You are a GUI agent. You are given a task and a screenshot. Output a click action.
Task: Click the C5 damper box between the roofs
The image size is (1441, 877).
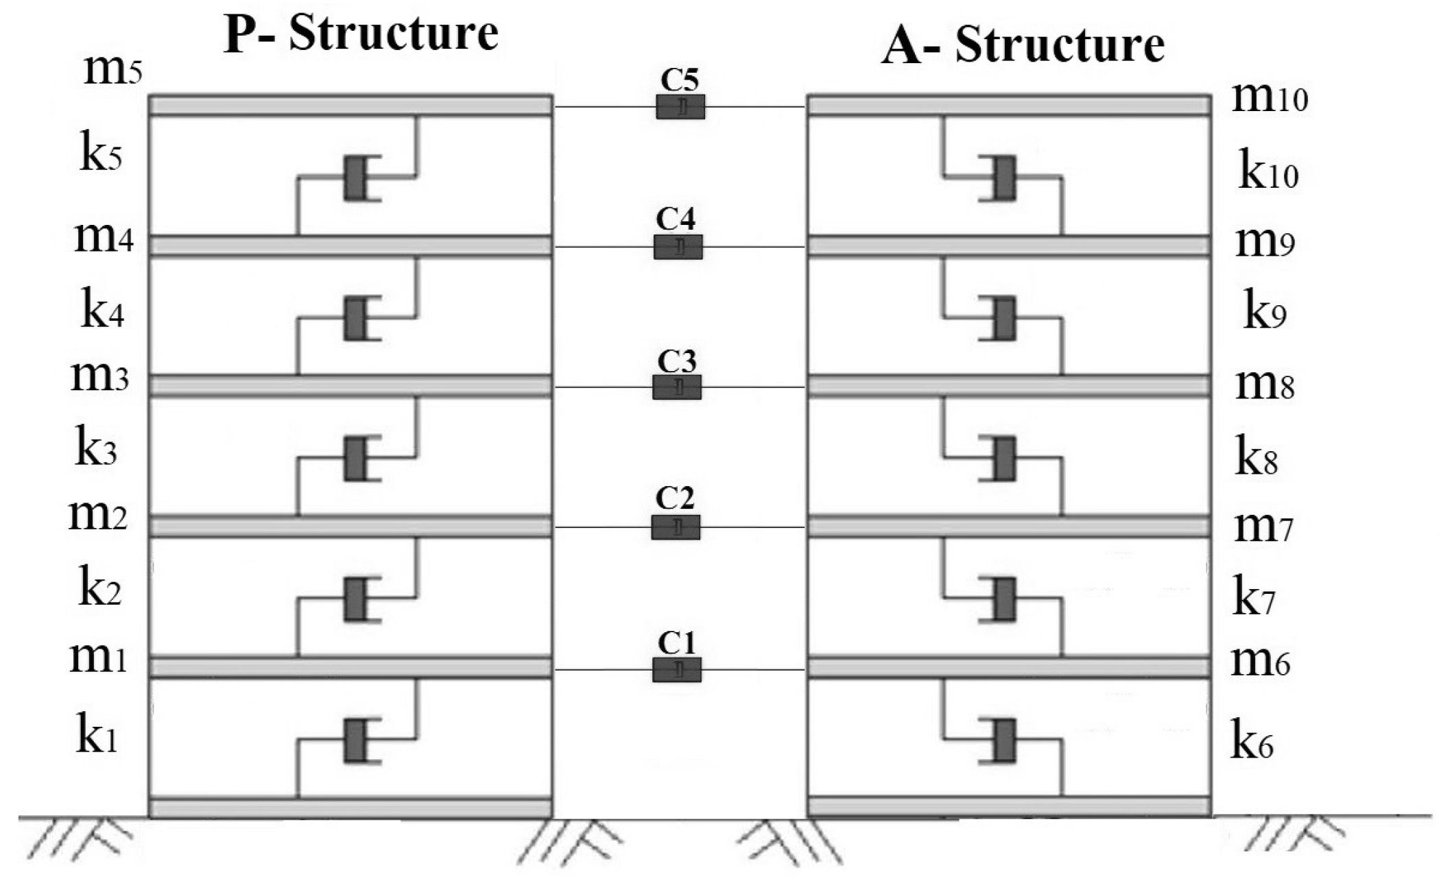[x=680, y=107]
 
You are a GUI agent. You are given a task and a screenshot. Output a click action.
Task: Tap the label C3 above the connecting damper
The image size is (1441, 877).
[x=676, y=361]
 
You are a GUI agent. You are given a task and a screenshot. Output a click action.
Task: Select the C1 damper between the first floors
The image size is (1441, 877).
[x=676, y=670]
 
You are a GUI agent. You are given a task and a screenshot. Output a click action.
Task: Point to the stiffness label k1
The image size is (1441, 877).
[x=97, y=736]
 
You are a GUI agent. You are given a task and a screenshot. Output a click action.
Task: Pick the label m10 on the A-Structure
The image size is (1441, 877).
[x=1270, y=98]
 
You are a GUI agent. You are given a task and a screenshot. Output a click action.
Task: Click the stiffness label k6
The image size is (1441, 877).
[x=1252, y=741]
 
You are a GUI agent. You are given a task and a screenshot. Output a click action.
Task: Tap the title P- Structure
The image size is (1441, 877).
[x=361, y=34]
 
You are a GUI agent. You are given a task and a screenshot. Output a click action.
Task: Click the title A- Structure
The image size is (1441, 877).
[x=1023, y=45]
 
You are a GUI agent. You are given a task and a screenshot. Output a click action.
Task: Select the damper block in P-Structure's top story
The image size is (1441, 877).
[x=355, y=178]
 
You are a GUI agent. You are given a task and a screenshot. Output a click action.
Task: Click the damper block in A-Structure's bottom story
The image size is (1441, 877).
[x=1005, y=741]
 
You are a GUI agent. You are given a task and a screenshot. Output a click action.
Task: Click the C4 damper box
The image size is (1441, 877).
[x=678, y=247]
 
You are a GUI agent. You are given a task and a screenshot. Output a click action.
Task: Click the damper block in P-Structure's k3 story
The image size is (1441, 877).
[x=355, y=459]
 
